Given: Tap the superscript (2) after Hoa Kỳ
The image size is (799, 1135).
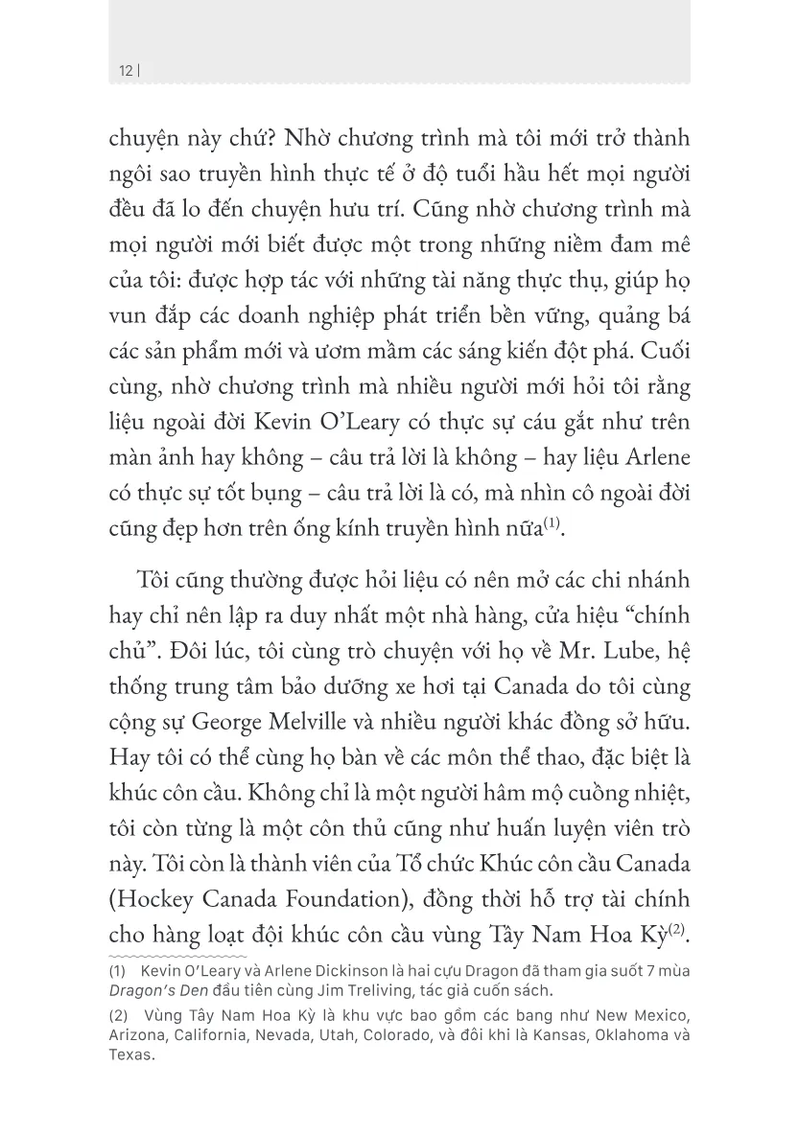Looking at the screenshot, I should point(677,929).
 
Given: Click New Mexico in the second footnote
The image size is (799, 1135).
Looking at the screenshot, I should point(639,1015).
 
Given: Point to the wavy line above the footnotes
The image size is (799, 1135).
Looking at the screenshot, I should point(177,957).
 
